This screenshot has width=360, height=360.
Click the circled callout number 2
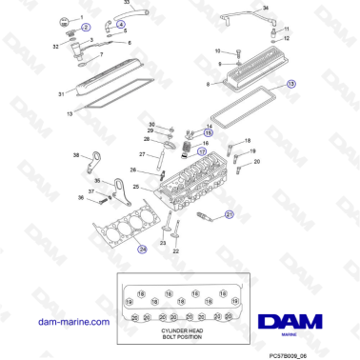(87, 28)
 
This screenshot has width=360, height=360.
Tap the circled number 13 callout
(291, 85)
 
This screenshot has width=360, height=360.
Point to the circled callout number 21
(230, 215)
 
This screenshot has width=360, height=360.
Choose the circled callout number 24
(143, 250)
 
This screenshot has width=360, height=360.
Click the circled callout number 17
(201, 151)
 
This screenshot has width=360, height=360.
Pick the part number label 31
(60, 94)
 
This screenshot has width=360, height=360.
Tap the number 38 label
(76, 154)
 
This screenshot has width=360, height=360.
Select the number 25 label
(136, 185)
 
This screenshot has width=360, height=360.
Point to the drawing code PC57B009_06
(316, 351)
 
